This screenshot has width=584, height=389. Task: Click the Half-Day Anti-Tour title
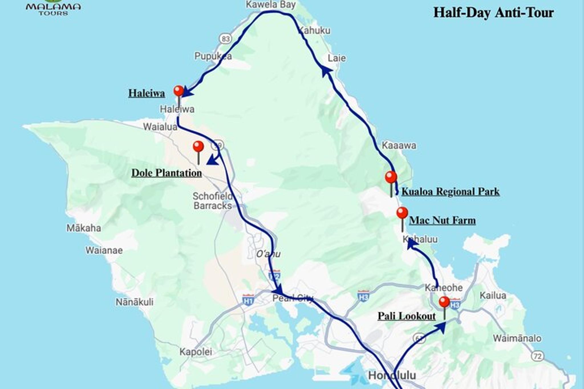tap(494, 13)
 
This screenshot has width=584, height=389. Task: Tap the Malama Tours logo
tap(53, 8)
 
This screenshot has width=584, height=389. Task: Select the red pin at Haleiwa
tap(179, 91)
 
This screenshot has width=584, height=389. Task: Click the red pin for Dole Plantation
tap(198, 147)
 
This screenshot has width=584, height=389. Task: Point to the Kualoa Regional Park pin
tap(391, 177)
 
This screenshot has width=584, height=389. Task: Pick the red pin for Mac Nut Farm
tap(402, 213)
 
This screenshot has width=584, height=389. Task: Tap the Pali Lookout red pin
tap(444, 302)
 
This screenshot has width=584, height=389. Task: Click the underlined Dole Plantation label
tap(167, 173)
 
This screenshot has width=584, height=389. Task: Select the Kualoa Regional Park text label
tap(451, 192)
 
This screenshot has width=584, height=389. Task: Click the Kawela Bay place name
tap(271, 5)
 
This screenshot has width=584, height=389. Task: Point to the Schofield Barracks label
tap(213, 201)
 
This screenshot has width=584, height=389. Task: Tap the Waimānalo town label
tap(517, 338)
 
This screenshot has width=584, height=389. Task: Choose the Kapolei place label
tap(196, 352)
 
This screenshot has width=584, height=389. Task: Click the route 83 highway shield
tap(226, 38)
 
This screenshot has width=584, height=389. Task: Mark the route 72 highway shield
tap(537, 356)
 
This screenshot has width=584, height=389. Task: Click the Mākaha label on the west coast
tap(84, 228)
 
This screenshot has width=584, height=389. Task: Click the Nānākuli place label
tap(134, 302)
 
